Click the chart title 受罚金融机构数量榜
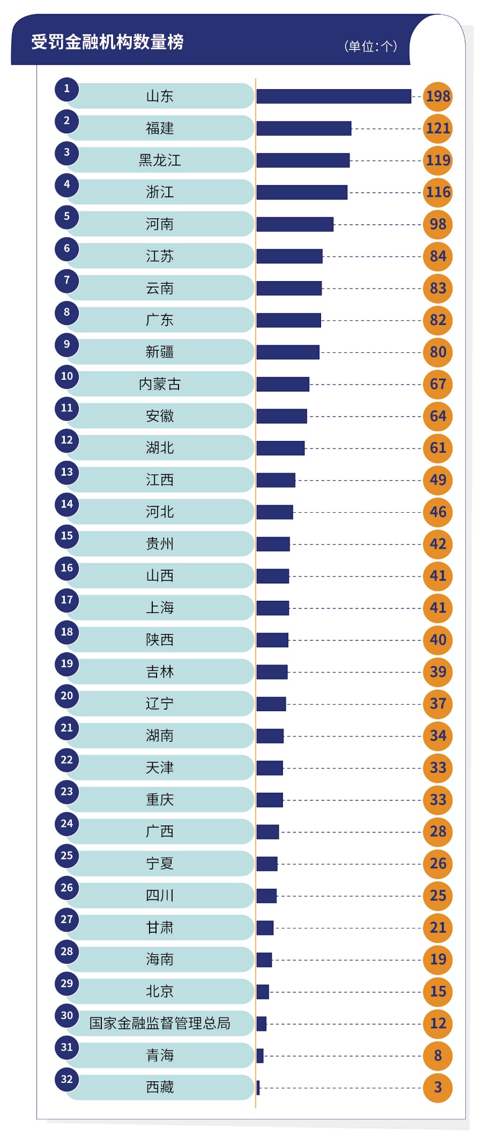[x=107, y=42]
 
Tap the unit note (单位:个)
[x=370, y=46]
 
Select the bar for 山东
[x=333, y=96]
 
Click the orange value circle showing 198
[x=438, y=97]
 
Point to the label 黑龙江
[x=160, y=160]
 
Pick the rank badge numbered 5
[x=67, y=217]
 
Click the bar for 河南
[x=295, y=224]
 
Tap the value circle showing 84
[x=438, y=256]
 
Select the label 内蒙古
[x=160, y=384]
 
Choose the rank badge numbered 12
[x=67, y=440]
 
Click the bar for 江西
[x=276, y=480]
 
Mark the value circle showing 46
[x=438, y=512]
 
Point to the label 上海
[x=160, y=608]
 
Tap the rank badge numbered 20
[x=67, y=696]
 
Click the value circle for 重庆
[x=438, y=800]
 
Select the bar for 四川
[x=266, y=896]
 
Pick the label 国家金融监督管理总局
[x=160, y=1023]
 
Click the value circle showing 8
[x=438, y=1056]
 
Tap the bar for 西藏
[x=258, y=1088]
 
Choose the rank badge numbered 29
[x=67, y=984]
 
